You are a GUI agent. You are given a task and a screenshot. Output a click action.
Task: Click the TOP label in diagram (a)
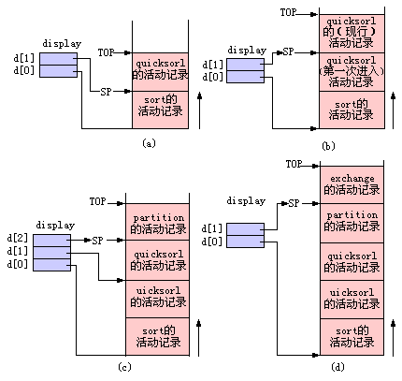(x=107, y=52)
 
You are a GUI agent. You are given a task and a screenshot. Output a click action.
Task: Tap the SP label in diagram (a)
(x=106, y=92)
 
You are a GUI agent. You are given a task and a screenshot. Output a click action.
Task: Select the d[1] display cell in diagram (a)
(x=58, y=59)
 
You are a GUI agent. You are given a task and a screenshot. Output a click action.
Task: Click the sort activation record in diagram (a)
(x=161, y=110)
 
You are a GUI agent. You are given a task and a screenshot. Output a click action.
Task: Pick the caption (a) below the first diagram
(x=149, y=143)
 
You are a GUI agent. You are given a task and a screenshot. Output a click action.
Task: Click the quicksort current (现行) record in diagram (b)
(x=352, y=34)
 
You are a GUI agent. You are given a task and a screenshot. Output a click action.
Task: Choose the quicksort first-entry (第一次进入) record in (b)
(x=352, y=72)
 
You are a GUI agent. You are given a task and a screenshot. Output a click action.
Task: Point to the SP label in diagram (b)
(x=289, y=51)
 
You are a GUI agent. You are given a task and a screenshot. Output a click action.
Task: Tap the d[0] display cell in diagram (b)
(x=245, y=77)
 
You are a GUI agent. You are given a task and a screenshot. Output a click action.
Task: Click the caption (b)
(x=328, y=146)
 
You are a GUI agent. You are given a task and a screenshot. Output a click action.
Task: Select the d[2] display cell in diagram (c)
(x=51, y=241)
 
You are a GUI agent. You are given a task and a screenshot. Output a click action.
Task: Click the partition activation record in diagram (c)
(x=158, y=222)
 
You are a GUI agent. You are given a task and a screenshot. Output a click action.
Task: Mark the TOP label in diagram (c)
(x=98, y=201)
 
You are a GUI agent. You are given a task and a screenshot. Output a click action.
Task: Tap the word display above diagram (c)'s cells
(x=55, y=225)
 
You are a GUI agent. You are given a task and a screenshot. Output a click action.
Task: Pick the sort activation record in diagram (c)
(x=158, y=336)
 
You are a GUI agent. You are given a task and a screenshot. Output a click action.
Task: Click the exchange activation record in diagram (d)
(x=352, y=184)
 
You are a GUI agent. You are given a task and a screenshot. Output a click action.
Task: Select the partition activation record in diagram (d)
(x=352, y=223)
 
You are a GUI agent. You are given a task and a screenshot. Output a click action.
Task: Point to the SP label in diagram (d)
(x=294, y=203)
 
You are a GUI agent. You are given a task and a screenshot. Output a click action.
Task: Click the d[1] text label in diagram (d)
(x=211, y=229)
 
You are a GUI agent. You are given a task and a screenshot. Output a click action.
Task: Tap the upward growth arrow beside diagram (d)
(x=393, y=338)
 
